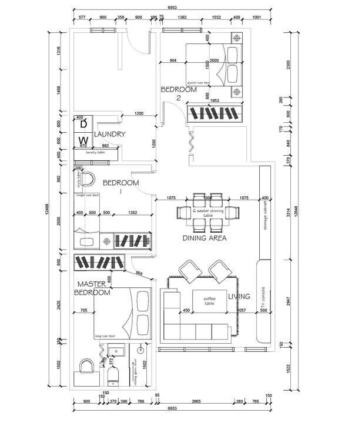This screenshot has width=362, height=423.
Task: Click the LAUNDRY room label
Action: click(110, 134)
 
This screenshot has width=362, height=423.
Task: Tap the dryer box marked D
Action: click(83, 125)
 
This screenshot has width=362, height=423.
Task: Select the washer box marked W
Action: click(83, 140)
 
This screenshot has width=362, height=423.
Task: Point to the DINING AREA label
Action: click(205, 238)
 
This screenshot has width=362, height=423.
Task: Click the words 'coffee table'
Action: click(206, 300)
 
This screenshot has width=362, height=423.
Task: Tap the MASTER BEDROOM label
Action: click(93, 288)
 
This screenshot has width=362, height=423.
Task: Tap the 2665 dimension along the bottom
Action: click(196, 401)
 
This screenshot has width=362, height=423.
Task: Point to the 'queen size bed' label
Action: click(199, 82)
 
